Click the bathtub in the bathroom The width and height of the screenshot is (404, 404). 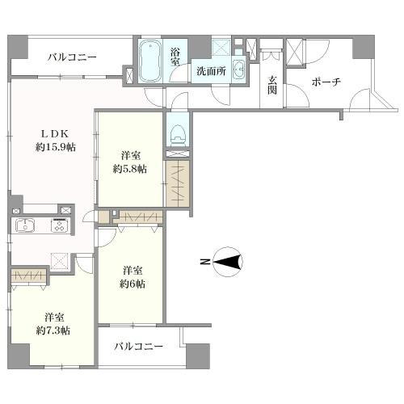(x=151, y=63)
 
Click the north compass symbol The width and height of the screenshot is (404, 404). (x=226, y=261)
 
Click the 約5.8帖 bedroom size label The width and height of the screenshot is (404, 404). (x=129, y=169)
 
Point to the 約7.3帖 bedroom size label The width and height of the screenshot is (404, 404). (x=52, y=330)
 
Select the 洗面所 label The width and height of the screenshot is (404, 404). (x=210, y=70)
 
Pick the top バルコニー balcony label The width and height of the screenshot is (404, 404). (x=71, y=57)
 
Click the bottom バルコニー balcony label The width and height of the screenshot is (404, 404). (x=138, y=346)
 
